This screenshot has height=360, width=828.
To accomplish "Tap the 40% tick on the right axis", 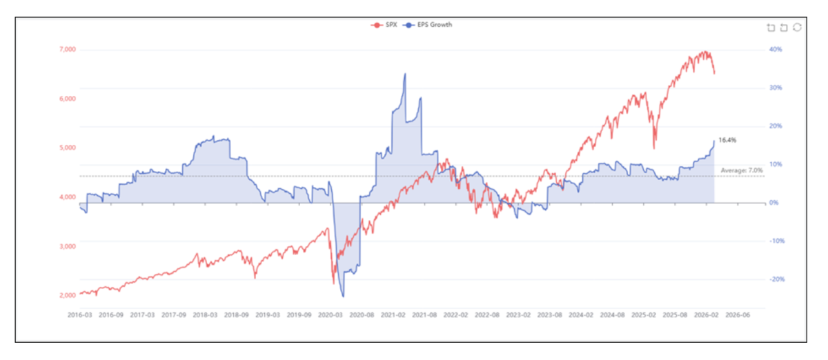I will tap(775, 50).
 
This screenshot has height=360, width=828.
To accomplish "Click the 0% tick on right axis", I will tap(773, 203).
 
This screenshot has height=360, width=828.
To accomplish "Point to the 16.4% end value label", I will tap(727, 140).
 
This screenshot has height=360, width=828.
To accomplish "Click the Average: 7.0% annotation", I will tap(742, 170).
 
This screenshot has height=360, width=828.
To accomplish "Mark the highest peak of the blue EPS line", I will tap(405, 74).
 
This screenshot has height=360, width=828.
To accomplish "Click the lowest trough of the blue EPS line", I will tap(343, 297).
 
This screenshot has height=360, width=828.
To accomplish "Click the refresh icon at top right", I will tap(797, 28).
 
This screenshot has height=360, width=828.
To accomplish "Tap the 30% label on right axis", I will tap(775, 88).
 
